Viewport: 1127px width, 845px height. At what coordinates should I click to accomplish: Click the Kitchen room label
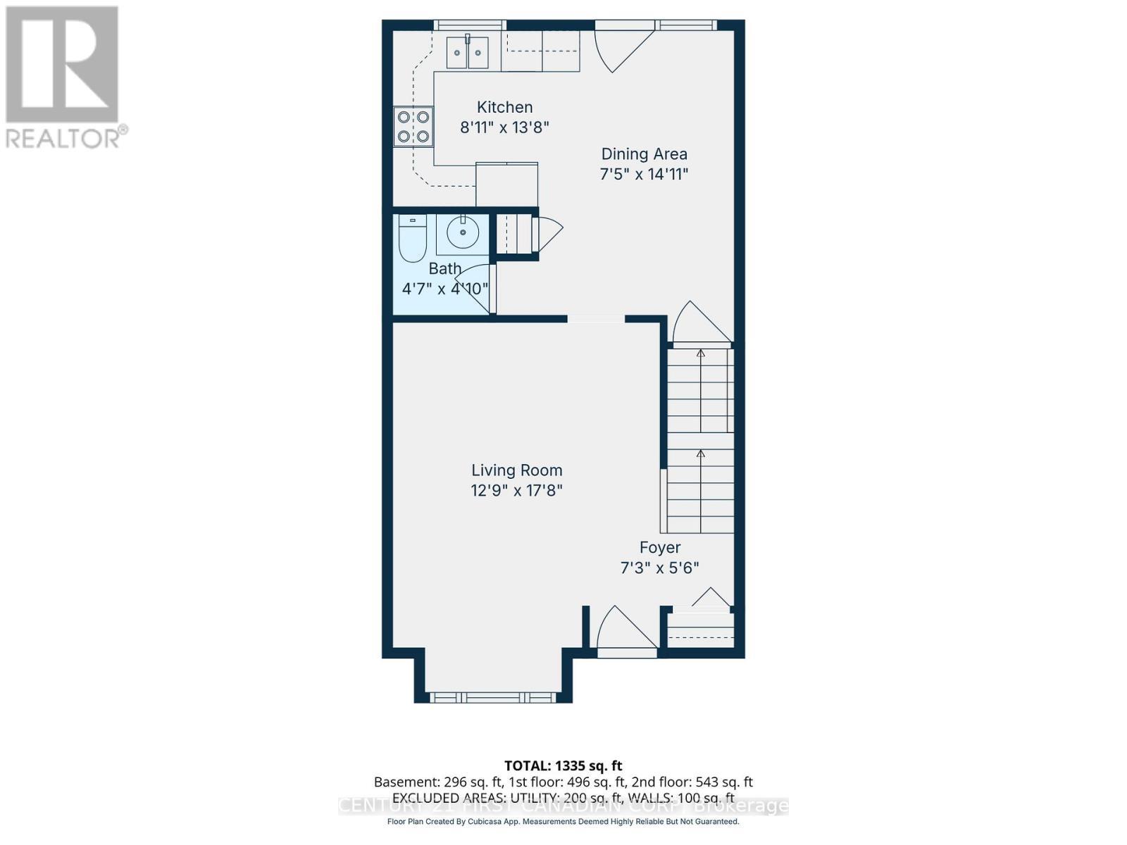504,107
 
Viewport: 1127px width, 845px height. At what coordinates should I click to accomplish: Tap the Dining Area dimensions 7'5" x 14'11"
643,174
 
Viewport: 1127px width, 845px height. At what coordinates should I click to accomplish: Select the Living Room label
516,470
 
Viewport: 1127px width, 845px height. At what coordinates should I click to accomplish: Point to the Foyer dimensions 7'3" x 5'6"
659,568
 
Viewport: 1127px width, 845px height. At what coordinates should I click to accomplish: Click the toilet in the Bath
412,238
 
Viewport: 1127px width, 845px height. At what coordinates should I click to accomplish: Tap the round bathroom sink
463,232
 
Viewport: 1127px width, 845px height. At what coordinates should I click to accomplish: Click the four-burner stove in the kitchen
413,127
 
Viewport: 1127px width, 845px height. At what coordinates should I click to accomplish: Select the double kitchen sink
468,52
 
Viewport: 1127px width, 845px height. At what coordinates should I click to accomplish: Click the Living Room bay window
492,698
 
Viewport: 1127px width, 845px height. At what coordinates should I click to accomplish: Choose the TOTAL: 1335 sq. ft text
563,765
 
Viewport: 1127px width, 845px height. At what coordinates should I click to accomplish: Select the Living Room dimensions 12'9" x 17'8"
516,491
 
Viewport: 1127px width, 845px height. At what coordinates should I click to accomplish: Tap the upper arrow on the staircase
700,354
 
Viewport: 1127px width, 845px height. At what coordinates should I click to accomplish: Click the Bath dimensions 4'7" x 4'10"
444,289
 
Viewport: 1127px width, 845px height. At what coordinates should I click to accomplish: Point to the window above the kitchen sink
469,25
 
